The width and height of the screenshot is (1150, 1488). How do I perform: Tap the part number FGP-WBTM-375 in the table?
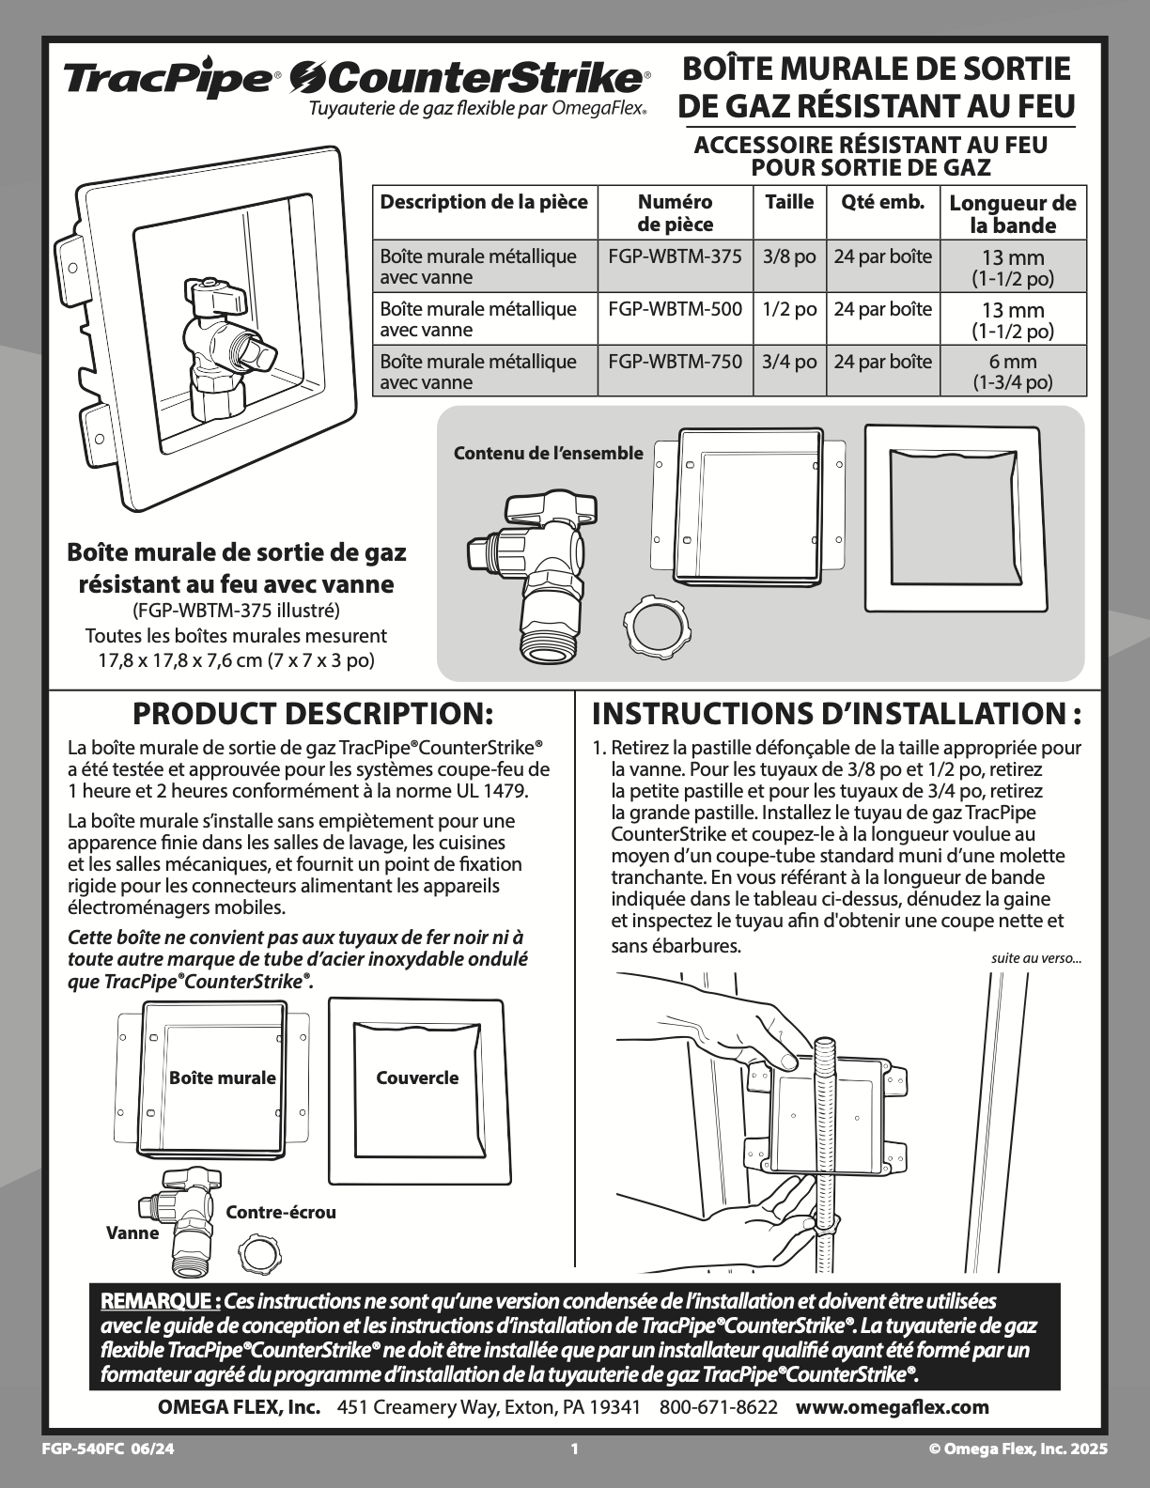[675, 256]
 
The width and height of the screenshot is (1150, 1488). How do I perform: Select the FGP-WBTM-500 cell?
[675, 309]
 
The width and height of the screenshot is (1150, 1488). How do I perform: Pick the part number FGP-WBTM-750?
[675, 362]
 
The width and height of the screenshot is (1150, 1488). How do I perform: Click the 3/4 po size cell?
[789, 362]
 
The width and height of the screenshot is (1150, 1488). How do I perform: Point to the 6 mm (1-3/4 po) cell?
[1013, 371]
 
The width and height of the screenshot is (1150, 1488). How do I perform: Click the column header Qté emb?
[882, 202]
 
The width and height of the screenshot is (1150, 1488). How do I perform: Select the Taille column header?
[790, 202]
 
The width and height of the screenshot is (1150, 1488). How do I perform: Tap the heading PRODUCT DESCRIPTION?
[312, 714]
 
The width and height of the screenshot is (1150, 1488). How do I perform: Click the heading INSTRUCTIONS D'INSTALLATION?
[837, 714]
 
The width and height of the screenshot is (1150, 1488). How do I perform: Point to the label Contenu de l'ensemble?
[549, 453]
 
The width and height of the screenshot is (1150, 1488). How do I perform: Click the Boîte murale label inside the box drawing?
[223, 1077]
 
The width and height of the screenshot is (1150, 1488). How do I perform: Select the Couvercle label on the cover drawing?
[417, 1077]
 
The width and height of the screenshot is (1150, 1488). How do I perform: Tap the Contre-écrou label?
[281, 1213]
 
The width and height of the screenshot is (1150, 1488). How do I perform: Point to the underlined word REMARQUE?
[161, 1300]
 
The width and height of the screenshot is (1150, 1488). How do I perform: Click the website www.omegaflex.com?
[893, 1407]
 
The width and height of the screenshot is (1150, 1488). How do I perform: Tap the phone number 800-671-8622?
[719, 1407]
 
